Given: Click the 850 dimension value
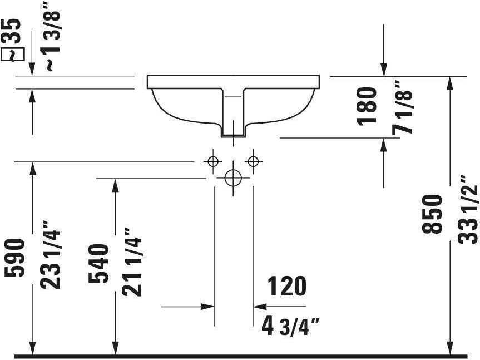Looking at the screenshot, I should [x=433, y=214].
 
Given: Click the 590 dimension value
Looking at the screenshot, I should [x=16, y=258].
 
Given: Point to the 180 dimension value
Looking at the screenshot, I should [x=368, y=106].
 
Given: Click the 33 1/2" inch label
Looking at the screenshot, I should [x=469, y=209].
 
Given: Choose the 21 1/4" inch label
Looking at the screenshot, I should [x=133, y=262].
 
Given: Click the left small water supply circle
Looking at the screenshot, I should [x=212, y=161].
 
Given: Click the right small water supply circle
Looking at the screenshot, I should [x=254, y=161].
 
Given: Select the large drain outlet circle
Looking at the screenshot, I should [x=232, y=178].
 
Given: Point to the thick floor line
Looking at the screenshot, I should [x=240, y=356].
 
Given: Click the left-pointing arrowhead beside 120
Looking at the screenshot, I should [x=259, y=306].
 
